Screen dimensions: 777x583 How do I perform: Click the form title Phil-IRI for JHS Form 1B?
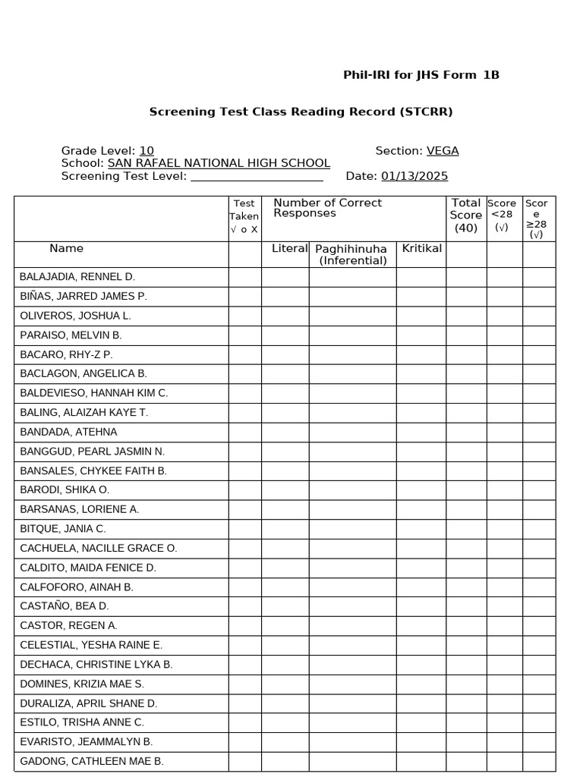(x=421, y=75)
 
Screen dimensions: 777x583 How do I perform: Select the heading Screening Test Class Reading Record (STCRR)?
(x=301, y=112)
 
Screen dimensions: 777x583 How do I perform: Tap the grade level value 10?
(x=147, y=151)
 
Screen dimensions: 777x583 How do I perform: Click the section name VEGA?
(x=443, y=151)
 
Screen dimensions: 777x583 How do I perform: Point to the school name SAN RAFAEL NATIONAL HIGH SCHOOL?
(x=219, y=163)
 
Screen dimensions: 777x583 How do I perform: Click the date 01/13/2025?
(x=414, y=176)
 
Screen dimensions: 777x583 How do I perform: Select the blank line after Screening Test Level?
(x=257, y=177)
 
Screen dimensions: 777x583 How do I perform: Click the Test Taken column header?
(x=244, y=216)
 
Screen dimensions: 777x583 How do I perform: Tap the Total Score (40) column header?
(x=466, y=215)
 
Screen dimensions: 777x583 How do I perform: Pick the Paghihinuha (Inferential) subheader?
(x=352, y=255)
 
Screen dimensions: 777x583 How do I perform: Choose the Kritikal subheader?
(x=421, y=249)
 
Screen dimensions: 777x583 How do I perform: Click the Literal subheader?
(x=290, y=249)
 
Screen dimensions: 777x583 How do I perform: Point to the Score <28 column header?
(x=502, y=215)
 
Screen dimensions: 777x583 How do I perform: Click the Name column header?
(x=67, y=249)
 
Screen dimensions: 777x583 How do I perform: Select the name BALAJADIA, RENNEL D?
(x=77, y=277)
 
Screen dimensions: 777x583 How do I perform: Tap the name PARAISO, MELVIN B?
(x=71, y=335)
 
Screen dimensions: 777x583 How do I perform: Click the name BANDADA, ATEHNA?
(x=68, y=432)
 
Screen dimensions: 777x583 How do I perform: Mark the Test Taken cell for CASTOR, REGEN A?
(x=244, y=626)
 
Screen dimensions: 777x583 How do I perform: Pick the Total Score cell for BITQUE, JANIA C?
(x=466, y=529)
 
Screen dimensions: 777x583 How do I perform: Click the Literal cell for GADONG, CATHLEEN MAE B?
(x=285, y=762)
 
